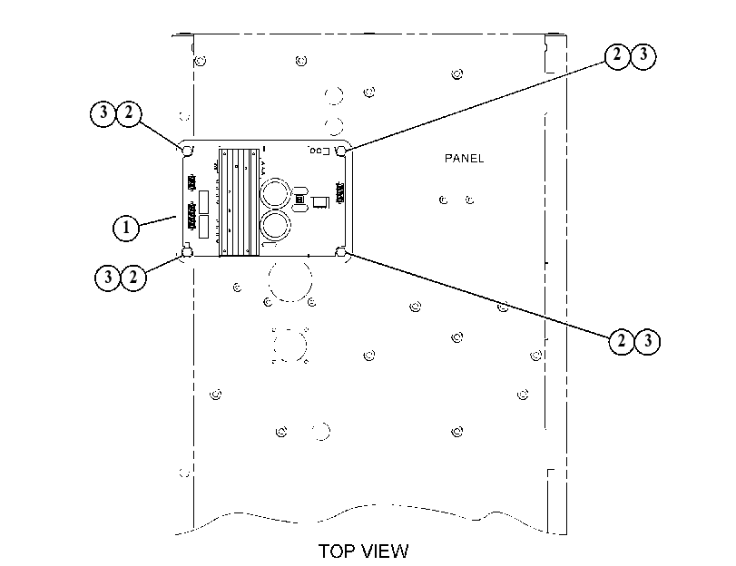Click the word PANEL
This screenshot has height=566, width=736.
tap(464, 158)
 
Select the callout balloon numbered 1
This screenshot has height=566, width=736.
tap(126, 228)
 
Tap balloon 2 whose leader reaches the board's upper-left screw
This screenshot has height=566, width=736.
tap(129, 113)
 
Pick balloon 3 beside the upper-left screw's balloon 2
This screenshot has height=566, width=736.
tap(103, 113)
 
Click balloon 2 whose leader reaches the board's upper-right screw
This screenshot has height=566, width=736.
tap(617, 56)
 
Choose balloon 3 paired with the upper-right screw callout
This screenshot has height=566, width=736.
tap(643, 56)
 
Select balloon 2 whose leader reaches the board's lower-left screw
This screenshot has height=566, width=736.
tap(133, 278)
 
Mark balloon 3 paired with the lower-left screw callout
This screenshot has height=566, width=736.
tap(108, 278)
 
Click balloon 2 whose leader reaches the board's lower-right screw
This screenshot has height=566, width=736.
tap(622, 341)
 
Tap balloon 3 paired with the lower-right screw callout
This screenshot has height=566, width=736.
tap(648, 341)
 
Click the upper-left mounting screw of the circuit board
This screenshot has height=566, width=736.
tap(187, 151)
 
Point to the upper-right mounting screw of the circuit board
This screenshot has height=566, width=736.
tap(342, 151)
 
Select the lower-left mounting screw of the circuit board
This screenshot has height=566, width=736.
tap(187, 252)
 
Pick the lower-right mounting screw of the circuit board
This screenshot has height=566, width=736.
tap(342, 252)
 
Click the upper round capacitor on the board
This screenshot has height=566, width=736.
tap(276, 194)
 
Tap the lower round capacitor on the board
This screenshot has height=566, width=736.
tap(276, 226)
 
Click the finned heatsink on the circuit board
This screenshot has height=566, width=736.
tap(240, 202)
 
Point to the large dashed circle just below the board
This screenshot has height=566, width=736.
tap(269, 281)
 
